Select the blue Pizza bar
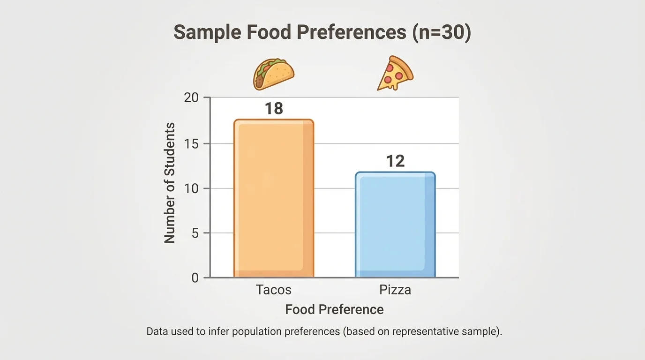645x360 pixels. point(395,225)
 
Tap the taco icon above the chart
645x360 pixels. point(274,74)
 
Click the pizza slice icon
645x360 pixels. point(395,74)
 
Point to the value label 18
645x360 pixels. point(274,109)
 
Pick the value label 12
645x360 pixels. point(395,161)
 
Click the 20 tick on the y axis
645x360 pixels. point(191,97)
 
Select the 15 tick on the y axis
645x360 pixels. point(191,143)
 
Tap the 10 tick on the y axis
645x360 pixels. point(191,188)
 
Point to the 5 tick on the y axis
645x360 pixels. point(194,233)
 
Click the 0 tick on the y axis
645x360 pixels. point(195,277)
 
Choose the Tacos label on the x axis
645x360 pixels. point(274,290)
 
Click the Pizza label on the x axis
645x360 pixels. point(395,290)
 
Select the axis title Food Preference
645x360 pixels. point(334,309)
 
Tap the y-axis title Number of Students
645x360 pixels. point(170,183)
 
